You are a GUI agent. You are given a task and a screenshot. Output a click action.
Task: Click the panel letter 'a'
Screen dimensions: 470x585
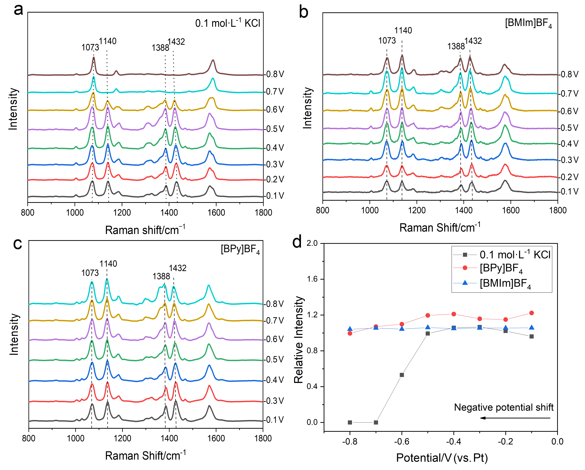(18, 10)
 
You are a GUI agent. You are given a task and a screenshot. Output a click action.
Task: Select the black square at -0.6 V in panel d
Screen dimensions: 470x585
(402, 375)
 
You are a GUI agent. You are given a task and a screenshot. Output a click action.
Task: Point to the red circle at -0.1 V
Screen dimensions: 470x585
(532, 313)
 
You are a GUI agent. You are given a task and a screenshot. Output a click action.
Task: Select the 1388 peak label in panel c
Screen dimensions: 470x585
(161, 276)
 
